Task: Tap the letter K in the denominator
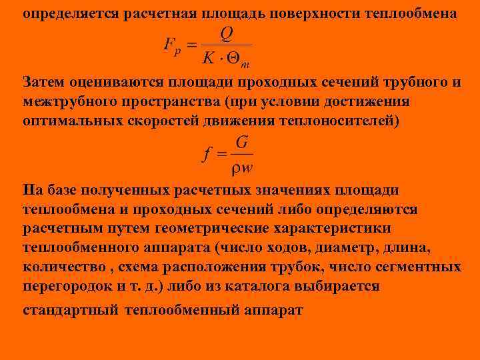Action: pyautogui.click(x=208, y=59)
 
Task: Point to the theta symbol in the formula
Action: pyautogui.click(x=235, y=59)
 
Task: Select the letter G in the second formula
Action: pyautogui.click(x=243, y=142)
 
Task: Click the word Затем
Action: pyautogui.click(x=45, y=83)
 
